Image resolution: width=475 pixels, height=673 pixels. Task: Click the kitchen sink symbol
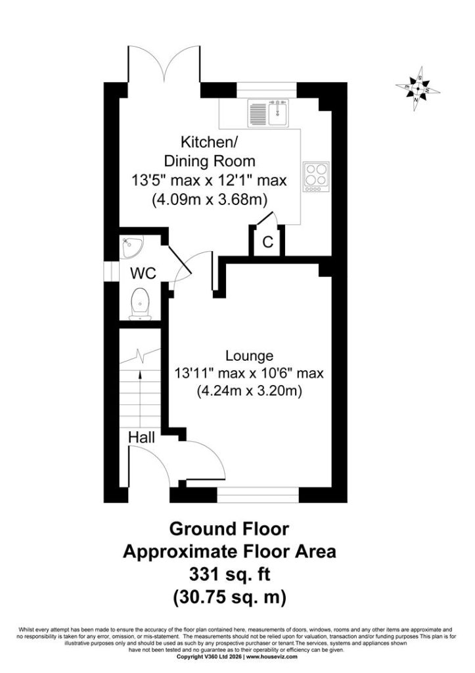[269, 113]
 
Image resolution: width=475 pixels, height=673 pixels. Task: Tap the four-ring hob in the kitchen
[316, 176]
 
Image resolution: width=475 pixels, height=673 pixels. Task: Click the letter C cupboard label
[268, 242]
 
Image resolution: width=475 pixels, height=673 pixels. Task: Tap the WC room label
[143, 273]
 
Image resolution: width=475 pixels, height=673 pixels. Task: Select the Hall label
[142, 438]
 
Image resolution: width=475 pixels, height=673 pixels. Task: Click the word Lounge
[249, 356]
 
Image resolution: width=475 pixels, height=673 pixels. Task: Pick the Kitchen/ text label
[206, 142]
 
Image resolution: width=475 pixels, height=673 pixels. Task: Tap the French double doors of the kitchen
[164, 64]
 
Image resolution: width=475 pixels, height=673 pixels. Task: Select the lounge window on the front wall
[258, 495]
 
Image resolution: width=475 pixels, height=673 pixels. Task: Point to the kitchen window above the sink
[267, 90]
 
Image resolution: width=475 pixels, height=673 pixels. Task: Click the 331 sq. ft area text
[229, 574]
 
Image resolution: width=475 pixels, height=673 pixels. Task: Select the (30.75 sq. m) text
[229, 597]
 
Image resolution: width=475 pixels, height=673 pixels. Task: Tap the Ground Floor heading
[229, 529]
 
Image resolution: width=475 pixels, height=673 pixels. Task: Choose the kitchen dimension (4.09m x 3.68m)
[210, 200]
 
